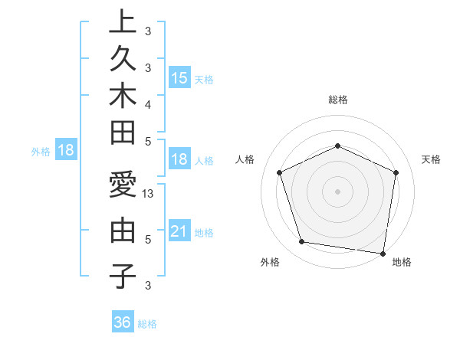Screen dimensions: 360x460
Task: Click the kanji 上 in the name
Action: click(123, 22)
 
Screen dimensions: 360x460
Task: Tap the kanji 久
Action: click(123, 59)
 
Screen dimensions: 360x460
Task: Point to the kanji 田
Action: click(123, 133)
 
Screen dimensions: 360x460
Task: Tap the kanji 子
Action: click(123, 275)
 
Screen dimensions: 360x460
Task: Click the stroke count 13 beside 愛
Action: click(149, 194)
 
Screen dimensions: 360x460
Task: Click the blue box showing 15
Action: click(179, 77)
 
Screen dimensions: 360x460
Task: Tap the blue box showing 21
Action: click(179, 231)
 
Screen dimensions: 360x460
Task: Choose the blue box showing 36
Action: click(123, 322)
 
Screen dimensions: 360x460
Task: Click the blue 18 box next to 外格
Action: click(66, 150)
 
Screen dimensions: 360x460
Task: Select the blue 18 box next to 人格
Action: click(179, 160)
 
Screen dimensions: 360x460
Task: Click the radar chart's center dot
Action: click(337, 191)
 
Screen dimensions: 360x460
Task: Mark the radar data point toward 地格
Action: click(383, 253)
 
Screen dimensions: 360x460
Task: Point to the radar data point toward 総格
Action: click(337, 146)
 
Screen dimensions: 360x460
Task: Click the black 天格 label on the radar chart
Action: click(431, 159)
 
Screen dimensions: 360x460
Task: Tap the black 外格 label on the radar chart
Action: click(270, 263)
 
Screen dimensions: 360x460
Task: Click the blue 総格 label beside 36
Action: click(147, 324)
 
